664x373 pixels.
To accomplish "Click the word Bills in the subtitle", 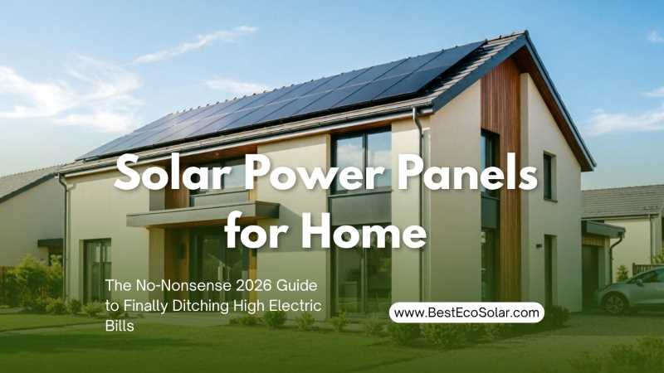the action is pos(120,326).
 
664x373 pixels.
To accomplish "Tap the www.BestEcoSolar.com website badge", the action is pos(466,313).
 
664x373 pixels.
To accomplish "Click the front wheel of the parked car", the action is pos(614,303).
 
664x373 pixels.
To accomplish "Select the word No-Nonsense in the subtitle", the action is pos(181,285).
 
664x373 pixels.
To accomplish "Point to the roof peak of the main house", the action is pos(525,32).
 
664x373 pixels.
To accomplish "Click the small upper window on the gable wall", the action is pos(549,177).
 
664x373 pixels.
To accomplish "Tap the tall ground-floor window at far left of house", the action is pos(97,271).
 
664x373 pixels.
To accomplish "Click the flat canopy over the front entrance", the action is pos(203,215).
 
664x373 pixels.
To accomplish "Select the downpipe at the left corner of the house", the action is pos(65,237).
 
